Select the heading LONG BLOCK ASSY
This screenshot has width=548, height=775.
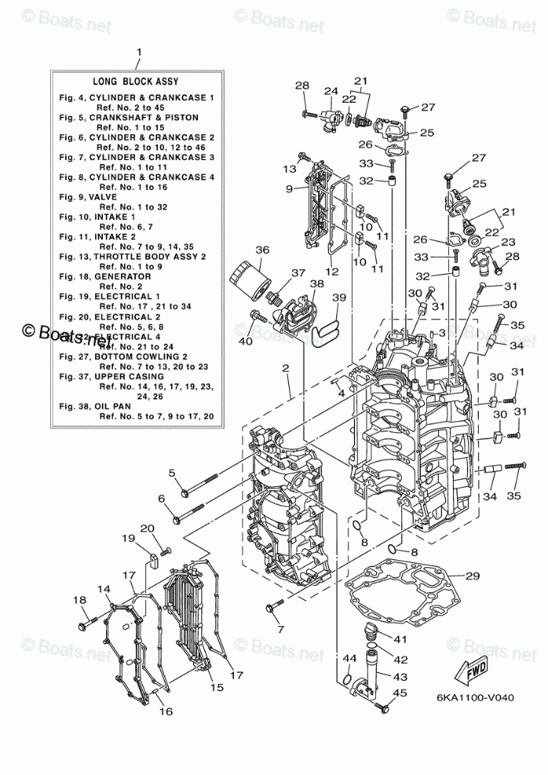point(136,81)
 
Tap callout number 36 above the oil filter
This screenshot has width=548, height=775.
point(261,250)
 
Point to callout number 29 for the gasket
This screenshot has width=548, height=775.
point(472,577)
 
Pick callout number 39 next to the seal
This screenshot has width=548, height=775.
point(338,297)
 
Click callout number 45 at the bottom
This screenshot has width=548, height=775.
point(400,692)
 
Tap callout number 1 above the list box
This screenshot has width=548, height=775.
point(138,53)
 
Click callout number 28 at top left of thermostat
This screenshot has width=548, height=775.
point(302,85)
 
